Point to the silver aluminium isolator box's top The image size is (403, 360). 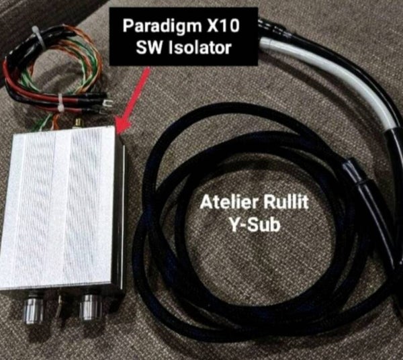click(x=60, y=208)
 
